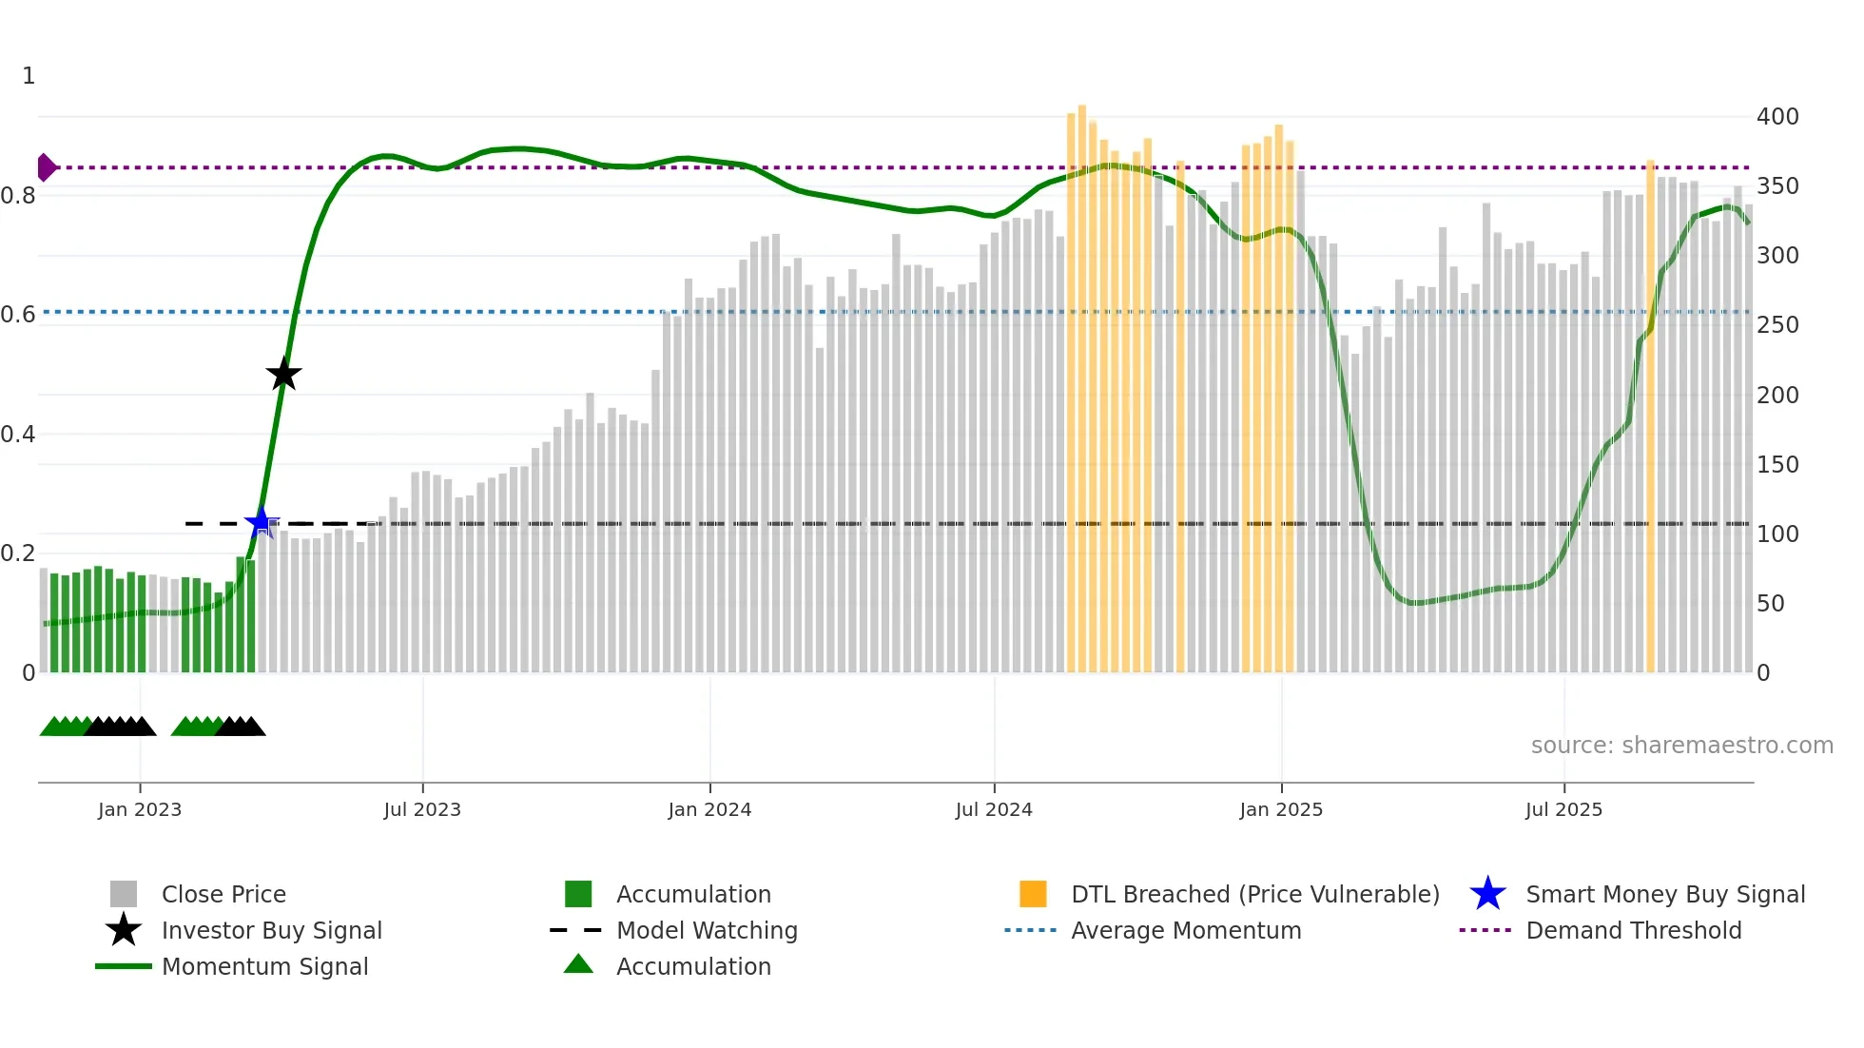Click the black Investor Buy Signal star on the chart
tap(283, 375)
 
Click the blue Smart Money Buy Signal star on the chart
tap(261, 522)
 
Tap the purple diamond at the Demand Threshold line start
tap(46, 167)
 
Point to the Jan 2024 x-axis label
tap(709, 809)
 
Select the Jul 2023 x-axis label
tap(422, 809)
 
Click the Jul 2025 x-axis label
tap(1563, 809)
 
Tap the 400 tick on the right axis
tap(1777, 117)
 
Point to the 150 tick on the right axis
tap(1777, 465)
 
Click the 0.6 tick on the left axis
tap(19, 315)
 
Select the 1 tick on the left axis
tap(29, 76)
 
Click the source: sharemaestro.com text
tap(1681, 746)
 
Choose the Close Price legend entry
tap(223, 895)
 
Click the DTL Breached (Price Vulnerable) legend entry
tap(1254, 895)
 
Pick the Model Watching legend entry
tap(706, 931)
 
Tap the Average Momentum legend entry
tap(1185, 931)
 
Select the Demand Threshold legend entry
tap(1633, 931)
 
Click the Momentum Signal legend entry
tap(264, 967)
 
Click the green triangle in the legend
tap(578, 965)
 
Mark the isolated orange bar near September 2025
tap(1650, 418)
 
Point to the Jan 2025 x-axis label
tap(1281, 809)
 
